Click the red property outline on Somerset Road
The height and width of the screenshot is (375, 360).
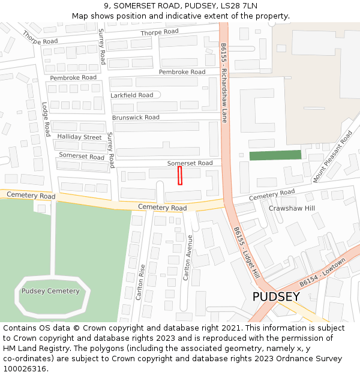click(179, 176)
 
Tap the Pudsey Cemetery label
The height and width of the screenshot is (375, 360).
click(50, 291)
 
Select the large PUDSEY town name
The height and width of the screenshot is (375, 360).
click(275, 297)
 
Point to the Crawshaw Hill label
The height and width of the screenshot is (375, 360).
click(292, 208)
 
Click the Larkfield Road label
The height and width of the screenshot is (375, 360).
click(131, 95)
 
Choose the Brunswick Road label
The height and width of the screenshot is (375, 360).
click(136, 118)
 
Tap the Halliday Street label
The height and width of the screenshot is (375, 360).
click(79, 137)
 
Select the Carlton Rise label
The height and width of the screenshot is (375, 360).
click(141, 282)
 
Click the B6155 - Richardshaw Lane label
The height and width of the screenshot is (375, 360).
click(224, 82)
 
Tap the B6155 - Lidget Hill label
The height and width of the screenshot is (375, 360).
click(247, 252)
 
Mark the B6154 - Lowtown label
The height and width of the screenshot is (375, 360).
click(323, 272)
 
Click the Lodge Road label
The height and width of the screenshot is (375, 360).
click(46, 118)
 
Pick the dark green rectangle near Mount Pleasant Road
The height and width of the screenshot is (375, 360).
click(275, 155)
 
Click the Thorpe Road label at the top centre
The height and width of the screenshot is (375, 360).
click(160, 32)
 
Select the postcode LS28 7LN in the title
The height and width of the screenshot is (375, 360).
click(241, 5)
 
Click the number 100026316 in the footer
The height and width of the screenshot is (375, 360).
click(25, 368)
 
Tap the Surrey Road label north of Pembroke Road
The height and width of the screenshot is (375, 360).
click(102, 47)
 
